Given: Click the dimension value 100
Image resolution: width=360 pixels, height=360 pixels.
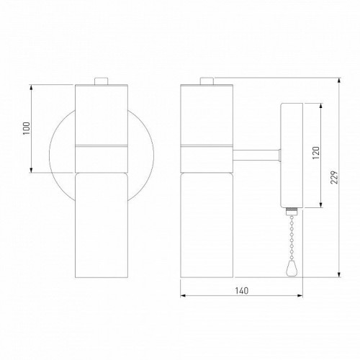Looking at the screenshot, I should click(x=27, y=128).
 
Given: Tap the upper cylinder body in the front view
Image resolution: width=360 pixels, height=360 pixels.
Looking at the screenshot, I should click(x=102, y=115).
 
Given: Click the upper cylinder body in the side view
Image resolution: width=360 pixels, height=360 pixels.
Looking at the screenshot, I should click(x=207, y=115).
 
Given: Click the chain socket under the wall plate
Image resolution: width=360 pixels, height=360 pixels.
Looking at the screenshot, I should click(x=292, y=211).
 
